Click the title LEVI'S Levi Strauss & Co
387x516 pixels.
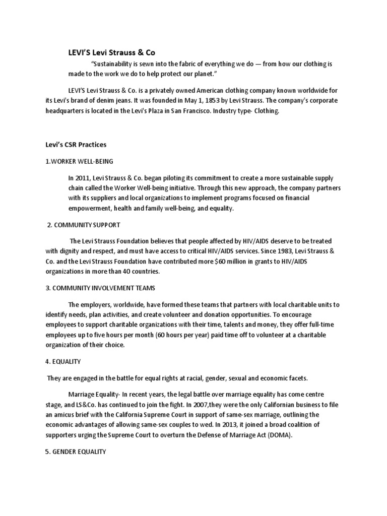(x=109, y=52)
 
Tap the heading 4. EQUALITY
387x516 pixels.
(x=63, y=361)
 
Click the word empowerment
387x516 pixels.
(x=87, y=208)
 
